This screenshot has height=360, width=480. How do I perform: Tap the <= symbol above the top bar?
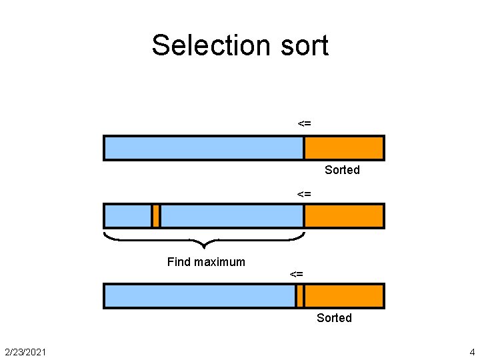(x=304, y=123)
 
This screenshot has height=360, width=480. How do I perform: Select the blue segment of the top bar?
(x=204, y=148)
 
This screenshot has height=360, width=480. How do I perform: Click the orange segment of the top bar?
(x=344, y=148)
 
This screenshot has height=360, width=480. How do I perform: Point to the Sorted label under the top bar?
(x=342, y=170)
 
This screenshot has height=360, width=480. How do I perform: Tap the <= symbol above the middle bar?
(x=304, y=194)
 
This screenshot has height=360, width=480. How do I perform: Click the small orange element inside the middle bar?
(x=156, y=216)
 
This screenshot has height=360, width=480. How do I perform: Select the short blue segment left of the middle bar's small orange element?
(x=128, y=216)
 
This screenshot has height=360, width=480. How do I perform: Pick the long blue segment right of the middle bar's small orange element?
(x=231, y=216)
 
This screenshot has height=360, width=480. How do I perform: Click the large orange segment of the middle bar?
(x=344, y=216)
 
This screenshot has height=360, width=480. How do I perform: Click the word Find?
(x=179, y=262)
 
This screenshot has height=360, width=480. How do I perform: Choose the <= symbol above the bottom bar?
(x=297, y=274)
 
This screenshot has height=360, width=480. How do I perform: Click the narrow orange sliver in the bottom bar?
(x=300, y=296)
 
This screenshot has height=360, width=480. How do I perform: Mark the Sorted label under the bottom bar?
(x=334, y=318)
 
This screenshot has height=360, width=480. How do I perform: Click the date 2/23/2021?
(x=25, y=351)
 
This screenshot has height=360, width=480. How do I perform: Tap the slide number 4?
(x=472, y=351)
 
